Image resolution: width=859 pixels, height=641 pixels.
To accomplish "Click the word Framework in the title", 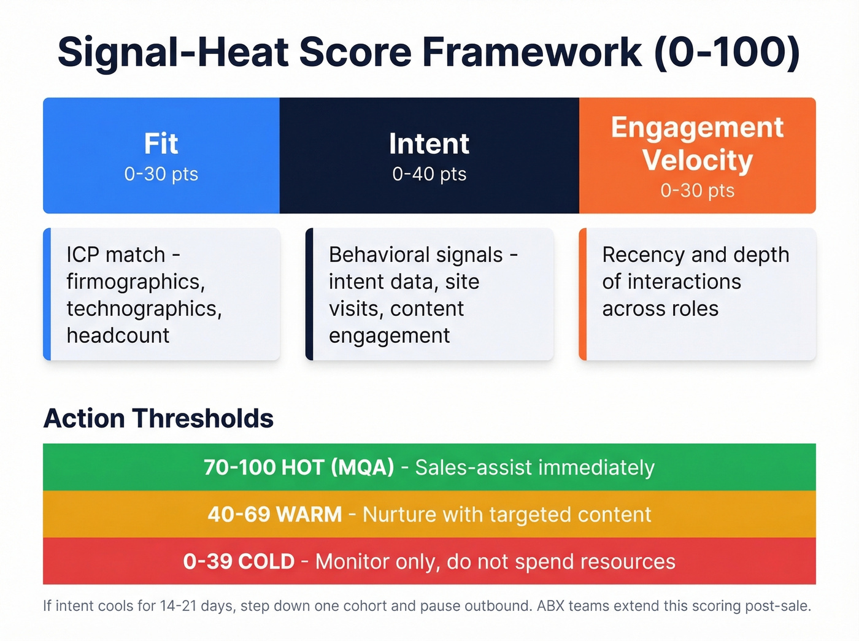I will (531, 52).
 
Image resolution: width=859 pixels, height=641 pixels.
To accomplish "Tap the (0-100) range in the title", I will (727, 52).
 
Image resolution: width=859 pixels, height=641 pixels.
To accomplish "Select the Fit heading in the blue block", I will (161, 144).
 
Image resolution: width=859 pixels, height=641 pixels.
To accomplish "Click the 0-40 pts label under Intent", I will (429, 174).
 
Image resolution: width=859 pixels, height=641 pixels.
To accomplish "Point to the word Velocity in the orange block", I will (697, 160).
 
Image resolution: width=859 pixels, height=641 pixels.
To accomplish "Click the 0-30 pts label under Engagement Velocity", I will (697, 191).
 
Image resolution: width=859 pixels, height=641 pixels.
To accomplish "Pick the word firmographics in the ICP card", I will (135, 282).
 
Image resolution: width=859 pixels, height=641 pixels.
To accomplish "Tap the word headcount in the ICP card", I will (118, 336).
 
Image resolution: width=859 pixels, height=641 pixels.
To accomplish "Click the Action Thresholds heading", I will (158, 418).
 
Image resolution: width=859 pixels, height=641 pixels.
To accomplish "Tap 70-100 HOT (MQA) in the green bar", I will (299, 467).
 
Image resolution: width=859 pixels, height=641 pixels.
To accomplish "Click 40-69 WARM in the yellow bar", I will (274, 514).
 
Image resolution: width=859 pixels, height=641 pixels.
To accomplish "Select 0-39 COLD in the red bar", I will (239, 561).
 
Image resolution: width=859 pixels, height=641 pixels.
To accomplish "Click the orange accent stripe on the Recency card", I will (583, 294).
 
